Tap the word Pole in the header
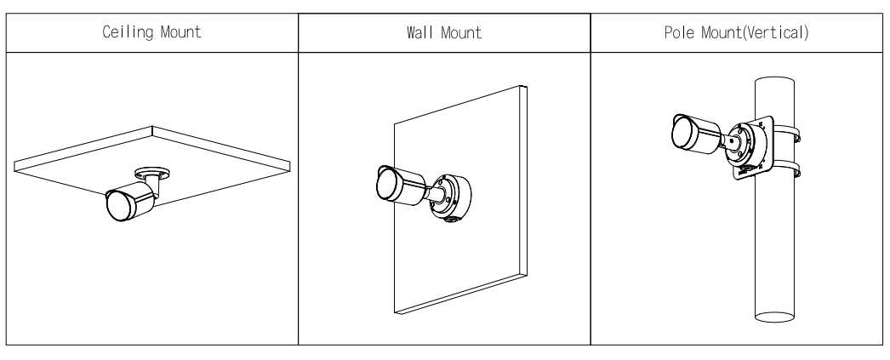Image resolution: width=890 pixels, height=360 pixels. (x=680, y=32)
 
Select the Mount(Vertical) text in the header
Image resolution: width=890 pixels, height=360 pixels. (x=755, y=32)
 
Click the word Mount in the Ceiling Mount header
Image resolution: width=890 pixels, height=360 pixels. (x=181, y=32)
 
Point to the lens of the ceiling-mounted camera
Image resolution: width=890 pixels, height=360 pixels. (x=117, y=206)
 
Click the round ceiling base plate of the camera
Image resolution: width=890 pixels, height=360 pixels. (x=152, y=171)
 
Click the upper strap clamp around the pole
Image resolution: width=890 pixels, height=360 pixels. (x=785, y=134)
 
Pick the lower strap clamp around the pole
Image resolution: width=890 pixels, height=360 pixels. (x=785, y=169)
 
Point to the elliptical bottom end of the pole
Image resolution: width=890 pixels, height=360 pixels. (x=774, y=317)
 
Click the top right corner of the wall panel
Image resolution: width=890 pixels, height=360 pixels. (x=527, y=86)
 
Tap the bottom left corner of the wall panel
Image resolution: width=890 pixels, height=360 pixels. (x=395, y=313)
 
